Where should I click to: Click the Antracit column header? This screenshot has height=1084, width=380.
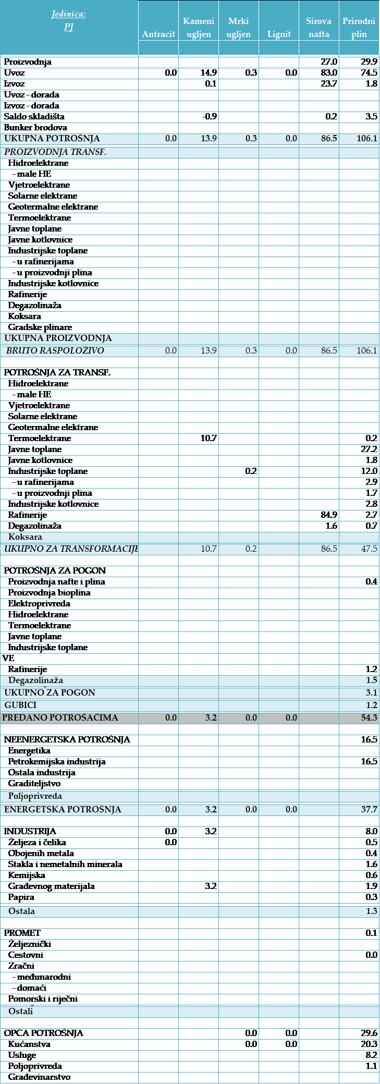pyautogui.click(x=158, y=34)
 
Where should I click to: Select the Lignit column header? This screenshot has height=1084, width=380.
pyautogui.click(x=279, y=34)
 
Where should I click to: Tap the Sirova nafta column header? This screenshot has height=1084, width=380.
pyautogui.click(x=318, y=28)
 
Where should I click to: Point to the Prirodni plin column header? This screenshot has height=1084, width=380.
pyautogui.click(x=359, y=28)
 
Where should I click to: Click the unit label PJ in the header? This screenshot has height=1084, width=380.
pyautogui.click(x=69, y=27)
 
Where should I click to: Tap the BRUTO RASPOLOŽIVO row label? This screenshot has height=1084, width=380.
pyautogui.click(x=55, y=350)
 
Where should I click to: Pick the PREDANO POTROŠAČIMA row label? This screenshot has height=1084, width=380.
pyautogui.click(x=60, y=717)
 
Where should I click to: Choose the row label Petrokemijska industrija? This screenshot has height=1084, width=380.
pyautogui.click(x=57, y=761)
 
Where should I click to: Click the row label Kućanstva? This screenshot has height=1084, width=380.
pyautogui.click(x=29, y=1044)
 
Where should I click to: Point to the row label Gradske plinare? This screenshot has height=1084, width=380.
pyautogui.click(x=40, y=327)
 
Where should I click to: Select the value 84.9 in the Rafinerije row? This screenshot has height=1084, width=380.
pyautogui.click(x=329, y=515)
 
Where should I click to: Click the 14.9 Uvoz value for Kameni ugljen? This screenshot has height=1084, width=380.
pyautogui.click(x=209, y=72)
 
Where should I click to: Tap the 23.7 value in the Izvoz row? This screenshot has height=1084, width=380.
pyautogui.click(x=329, y=83)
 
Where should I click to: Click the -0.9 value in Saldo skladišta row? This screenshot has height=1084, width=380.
pyautogui.click(x=210, y=116)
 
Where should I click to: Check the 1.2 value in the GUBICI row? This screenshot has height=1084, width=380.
pyautogui.click(x=371, y=705)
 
